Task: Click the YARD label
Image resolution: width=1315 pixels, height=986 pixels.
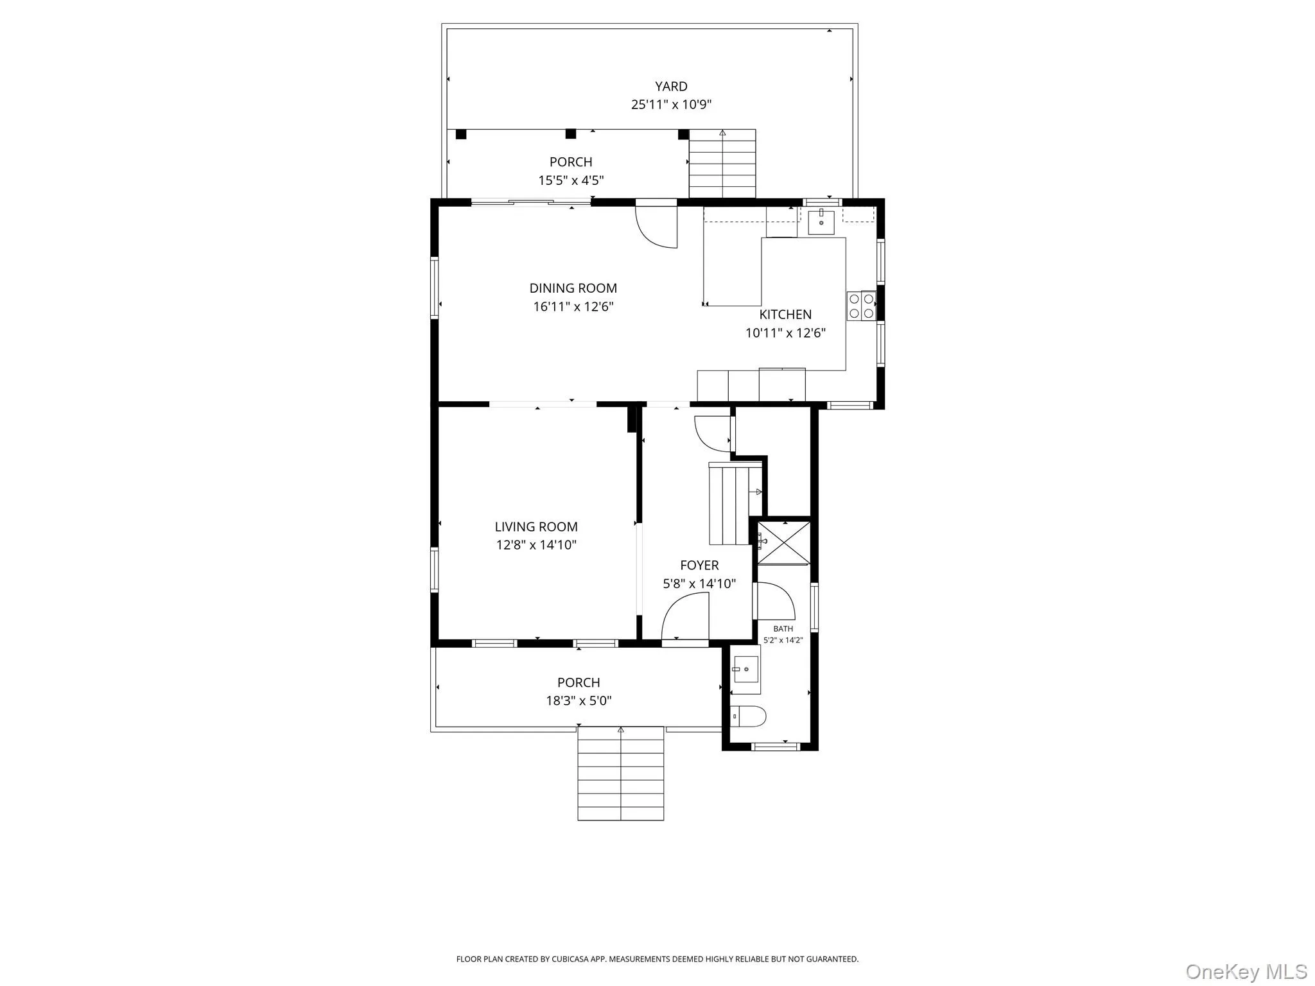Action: (x=671, y=87)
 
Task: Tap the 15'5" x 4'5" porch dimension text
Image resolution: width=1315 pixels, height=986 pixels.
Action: (x=571, y=181)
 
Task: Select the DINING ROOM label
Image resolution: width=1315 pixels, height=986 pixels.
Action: (x=573, y=288)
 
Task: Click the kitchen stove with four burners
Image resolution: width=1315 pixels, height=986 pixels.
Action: (x=861, y=306)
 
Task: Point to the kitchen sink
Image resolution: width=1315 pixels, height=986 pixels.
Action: (x=821, y=222)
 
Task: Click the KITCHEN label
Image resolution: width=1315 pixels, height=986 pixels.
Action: (x=785, y=315)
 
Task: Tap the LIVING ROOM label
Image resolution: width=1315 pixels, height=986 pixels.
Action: (x=536, y=527)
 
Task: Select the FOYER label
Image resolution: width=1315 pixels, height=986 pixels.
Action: (x=699, y=566)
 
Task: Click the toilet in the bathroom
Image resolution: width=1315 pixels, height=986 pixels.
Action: (x=748, y=716)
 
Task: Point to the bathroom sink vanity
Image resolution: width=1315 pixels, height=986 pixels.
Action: (x=745, y=670)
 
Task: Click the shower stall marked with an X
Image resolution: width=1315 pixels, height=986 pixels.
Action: (x=784, y=542)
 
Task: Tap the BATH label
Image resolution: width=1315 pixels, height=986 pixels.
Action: (x=783, y=629)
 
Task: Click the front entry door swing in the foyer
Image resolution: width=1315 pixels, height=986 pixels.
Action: (x=686, y=617)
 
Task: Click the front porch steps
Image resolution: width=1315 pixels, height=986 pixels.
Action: (x=620, y=773)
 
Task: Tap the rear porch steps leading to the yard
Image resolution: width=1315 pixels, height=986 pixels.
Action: (x=722, y=164)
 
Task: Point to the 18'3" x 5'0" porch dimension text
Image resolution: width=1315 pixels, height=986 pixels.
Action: (x=579, y=701)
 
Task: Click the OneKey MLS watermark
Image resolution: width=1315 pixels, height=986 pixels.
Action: (x=1246, y=971)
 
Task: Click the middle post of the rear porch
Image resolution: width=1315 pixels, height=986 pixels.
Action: (x=570, y=134)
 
